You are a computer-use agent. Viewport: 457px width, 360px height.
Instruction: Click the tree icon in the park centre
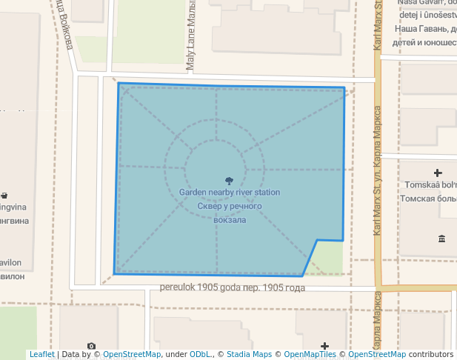click(229, 180)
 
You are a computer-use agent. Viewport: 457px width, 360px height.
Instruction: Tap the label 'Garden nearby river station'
click(229, 193)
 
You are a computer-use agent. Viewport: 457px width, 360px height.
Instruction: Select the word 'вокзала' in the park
click(229, 219)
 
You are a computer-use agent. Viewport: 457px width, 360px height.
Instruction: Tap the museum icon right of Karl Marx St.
click(441, 238)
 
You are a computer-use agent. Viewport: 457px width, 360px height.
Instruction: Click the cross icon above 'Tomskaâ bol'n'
click(438, 173)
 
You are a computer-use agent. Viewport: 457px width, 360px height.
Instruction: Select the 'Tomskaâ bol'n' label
click(428, 185)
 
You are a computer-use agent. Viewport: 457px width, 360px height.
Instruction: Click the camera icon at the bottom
click(90, 346)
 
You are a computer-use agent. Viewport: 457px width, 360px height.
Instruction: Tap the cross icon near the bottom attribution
click(324, 346)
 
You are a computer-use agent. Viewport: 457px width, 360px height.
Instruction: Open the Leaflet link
click(42, 355)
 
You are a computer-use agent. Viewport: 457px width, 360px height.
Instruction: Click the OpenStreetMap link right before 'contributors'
click(376, 355)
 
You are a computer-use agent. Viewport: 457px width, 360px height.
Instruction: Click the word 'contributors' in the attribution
click(430, 355)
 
